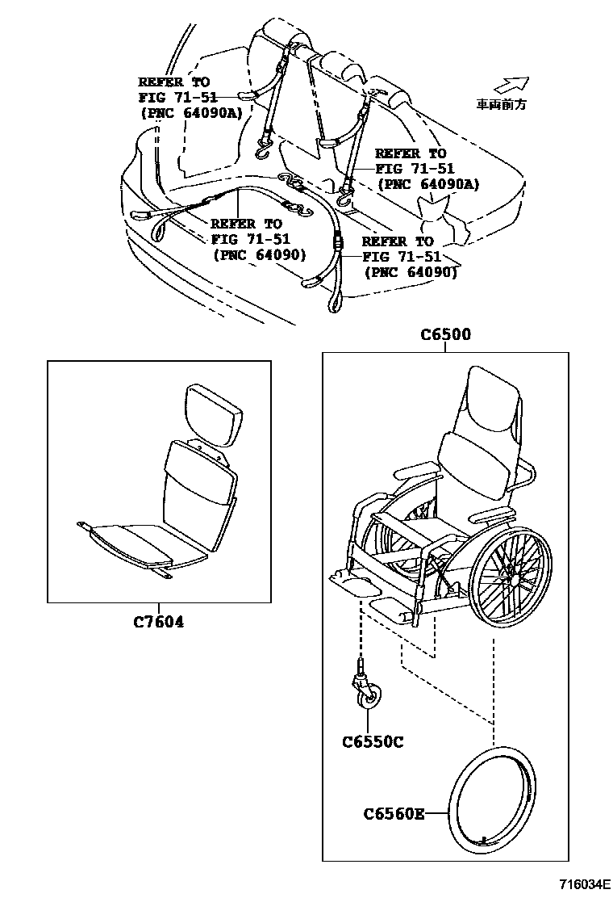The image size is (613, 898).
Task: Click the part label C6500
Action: coord(445,335)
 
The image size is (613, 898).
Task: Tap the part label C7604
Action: coord(158,622)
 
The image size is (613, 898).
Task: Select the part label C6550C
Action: coord(372,741)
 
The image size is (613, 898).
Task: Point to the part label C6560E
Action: coord(394,814)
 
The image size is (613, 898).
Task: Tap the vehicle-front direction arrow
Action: coord(511,84)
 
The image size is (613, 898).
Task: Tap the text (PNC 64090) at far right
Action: coord(411,272)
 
